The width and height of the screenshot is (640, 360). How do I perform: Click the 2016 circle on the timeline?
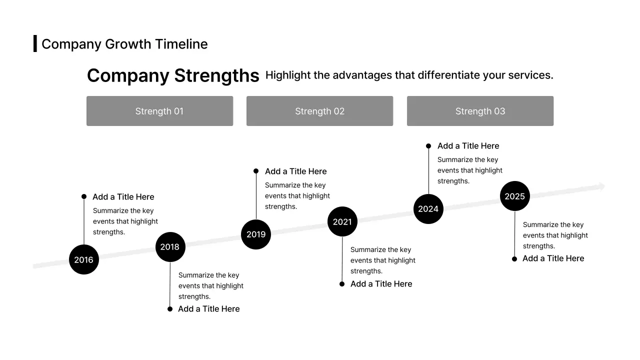pyautogui.click(x=84, y=259)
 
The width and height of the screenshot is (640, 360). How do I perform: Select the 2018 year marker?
pyautogui.click(x=170, y=247)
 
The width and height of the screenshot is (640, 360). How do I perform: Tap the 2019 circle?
pyautogui.click(x=256, y=234)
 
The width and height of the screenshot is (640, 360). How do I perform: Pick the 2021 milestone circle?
pyautogui.click(x=342, y=221)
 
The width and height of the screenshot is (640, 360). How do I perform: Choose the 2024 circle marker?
pyautogui.click(x=428, y=209)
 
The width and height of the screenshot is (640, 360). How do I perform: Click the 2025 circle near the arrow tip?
pyautogui.click(x=515, y=196)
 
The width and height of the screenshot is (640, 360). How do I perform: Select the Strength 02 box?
pyautogui.click(x=320, y=111)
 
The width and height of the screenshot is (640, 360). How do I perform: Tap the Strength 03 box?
pyautogui.click(x=480, y=111)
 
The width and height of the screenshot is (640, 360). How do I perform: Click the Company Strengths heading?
pyautogui.click(x=173, y=75)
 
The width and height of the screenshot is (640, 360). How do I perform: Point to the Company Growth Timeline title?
pyautogui.click(x=124, y=44)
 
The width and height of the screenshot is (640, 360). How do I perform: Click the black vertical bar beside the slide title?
pyautogui.click(x=35, y=43)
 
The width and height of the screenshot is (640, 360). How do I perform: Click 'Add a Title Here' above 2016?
pyautogui.click(x=123, y=197)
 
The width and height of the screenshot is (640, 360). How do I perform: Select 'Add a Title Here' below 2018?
pyautogui.click(x=209, y=309)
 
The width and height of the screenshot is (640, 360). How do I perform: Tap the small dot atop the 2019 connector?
pyautogui.click(x=256, y=171)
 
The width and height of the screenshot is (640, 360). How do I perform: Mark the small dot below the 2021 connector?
pyautogui.click(x=342, y=284)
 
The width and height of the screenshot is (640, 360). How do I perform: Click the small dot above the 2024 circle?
pyautogui.click(x=428, y=146)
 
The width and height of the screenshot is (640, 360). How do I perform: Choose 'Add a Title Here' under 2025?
pyautogui.click(x=553, y=258)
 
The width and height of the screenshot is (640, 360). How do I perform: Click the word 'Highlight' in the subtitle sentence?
pyautogui.click(x=287, y=75)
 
